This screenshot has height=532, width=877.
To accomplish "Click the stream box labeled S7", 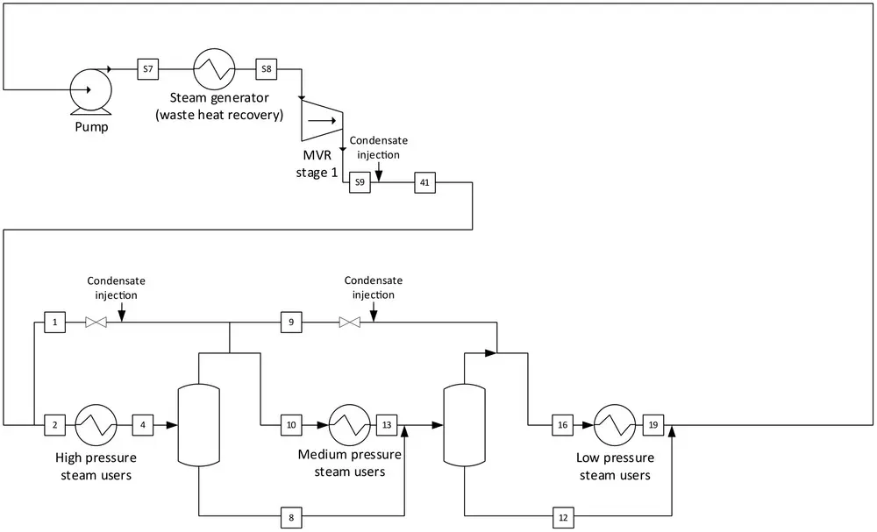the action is [x=147, y=69].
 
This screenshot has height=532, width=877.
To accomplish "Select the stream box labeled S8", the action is [x=267, y=69].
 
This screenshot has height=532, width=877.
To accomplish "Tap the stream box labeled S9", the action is [x=360, y=182].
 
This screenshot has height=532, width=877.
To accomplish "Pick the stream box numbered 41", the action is [x=425, y=182].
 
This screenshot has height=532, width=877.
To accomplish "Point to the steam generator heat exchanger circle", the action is [x=215, y=69].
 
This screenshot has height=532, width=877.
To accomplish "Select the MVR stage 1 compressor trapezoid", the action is [x=322, y=119].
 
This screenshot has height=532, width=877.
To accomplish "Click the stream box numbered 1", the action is [x=54, y=323].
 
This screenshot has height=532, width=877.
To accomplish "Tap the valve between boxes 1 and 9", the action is [x=96, y=323].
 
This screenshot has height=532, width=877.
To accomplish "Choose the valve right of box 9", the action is [x=350, y=323].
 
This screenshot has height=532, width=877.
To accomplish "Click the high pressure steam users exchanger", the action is [x=96, y=425].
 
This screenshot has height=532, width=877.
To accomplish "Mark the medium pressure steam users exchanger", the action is [x=350, y=425].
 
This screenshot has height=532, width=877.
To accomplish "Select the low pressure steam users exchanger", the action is [x=615, y=425].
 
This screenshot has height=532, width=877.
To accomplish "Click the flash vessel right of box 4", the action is [x=198, y=425].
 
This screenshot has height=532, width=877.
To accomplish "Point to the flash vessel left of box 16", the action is [x=464, y=425].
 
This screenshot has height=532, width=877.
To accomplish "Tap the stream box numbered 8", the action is [x=291, y=517].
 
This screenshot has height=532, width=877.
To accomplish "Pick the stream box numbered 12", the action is [x=563, y=517].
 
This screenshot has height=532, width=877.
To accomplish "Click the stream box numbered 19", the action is [x=653, y=425].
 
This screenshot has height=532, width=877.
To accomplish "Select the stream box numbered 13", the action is [x=387, y=425].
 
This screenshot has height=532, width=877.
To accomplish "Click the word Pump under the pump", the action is [x=92, y=127].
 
